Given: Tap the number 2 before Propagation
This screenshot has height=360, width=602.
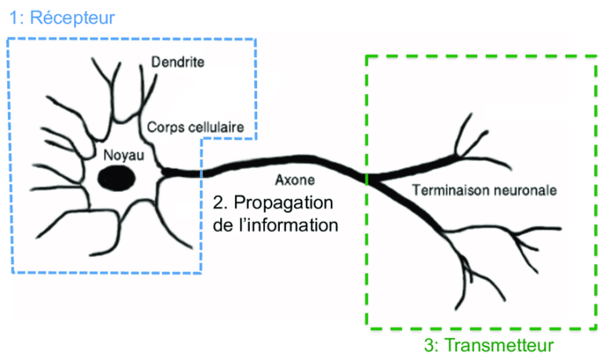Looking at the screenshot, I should click(219, 202).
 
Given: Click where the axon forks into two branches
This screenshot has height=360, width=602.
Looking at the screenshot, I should click(369, 177).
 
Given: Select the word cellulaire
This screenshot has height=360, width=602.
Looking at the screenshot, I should click(216, 126).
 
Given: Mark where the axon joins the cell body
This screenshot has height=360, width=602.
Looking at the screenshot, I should click(163, 169).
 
